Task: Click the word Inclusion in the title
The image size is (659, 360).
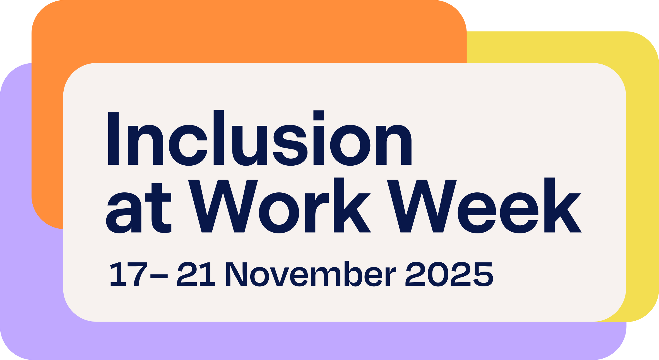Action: (260, 138)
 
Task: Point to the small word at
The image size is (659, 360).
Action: (139, 208)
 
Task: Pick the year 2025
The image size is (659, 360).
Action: (449, 274)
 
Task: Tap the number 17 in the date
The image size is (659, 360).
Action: (129, 274)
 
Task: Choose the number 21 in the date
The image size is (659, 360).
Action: (196, 274)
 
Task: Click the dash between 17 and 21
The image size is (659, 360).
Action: (159, 276)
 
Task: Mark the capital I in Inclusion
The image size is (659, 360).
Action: (114, 139)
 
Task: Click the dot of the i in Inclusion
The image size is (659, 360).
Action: (319, 115)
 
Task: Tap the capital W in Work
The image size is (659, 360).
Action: (223, 206)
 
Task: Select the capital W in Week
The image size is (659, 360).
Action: (422, 206)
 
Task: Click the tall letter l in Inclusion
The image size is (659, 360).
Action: (219, 137)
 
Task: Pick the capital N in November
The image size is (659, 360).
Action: (236, 274)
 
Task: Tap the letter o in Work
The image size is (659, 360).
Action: (279, 213)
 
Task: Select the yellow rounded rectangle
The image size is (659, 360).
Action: (642, 178)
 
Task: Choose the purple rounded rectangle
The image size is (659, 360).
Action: (31, 279)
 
